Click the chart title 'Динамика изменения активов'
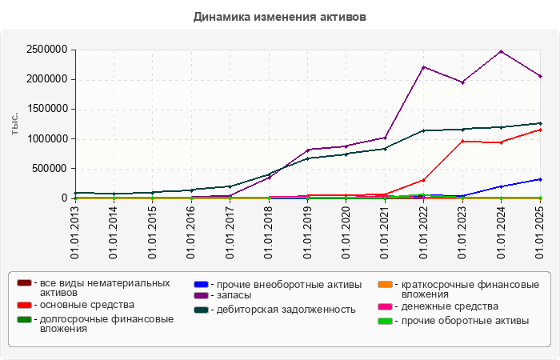(280, 16)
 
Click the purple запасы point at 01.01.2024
(501, 51)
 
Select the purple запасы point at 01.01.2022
(423, 67)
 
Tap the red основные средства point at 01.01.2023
(462, 141)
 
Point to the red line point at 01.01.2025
(540, 130)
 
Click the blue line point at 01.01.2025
(540, 179)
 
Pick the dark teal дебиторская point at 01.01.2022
(423, 130)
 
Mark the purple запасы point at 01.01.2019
(307, 150)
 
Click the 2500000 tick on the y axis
(46, 50)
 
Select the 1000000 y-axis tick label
(46, 139)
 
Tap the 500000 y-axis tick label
(49, 169)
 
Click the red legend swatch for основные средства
(24, 305)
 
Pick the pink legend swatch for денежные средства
(385, 306)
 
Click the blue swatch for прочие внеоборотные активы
(202, 284)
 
